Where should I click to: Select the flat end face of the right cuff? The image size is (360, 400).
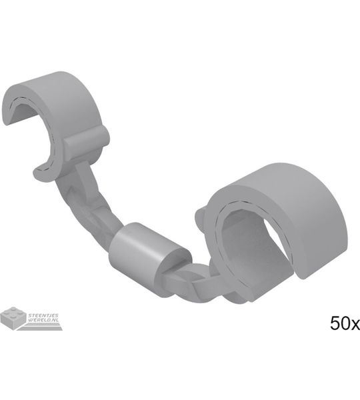(303, 271)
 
